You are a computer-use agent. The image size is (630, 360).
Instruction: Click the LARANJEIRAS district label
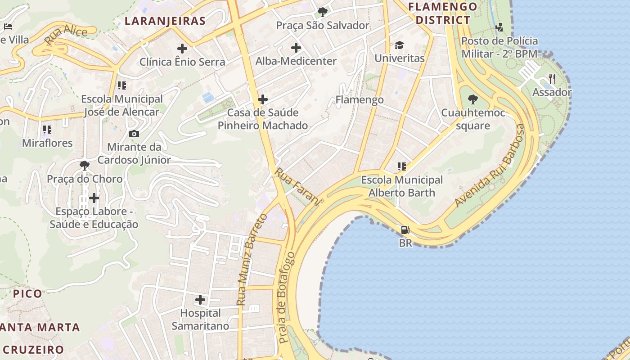pos(165,21)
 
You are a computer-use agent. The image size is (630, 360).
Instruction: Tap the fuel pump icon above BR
pos(405,230)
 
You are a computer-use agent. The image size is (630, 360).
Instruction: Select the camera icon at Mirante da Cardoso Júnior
pos(134,134)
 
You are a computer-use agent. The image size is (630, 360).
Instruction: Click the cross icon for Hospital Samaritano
pos(200,299)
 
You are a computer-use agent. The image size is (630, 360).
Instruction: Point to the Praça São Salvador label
pos(323,25)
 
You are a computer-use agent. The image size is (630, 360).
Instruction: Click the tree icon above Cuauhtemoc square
pos(472,99)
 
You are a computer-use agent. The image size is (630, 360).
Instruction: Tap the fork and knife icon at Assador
pos(552,79)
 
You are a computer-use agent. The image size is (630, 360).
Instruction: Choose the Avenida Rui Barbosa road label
pos(490,166)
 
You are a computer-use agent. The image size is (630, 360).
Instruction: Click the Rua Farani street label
pos(297,187)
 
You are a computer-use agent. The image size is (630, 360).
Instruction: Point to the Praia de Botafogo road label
pos(286,298)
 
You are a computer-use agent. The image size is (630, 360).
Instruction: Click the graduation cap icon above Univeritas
pos(399,45)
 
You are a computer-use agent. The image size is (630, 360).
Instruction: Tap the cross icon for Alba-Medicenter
pos(296,48)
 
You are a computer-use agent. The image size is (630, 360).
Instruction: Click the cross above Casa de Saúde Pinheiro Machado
pos(263,99)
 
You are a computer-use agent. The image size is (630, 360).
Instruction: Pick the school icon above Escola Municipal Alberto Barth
pos(401,166)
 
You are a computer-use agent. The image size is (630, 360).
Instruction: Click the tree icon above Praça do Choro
pos(84,166)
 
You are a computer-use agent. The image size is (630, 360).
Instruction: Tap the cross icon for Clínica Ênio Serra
pos(182,48)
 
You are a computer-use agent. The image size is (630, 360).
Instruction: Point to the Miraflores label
pos(47,143)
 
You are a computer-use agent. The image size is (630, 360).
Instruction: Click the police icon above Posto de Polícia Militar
pos(499,27)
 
